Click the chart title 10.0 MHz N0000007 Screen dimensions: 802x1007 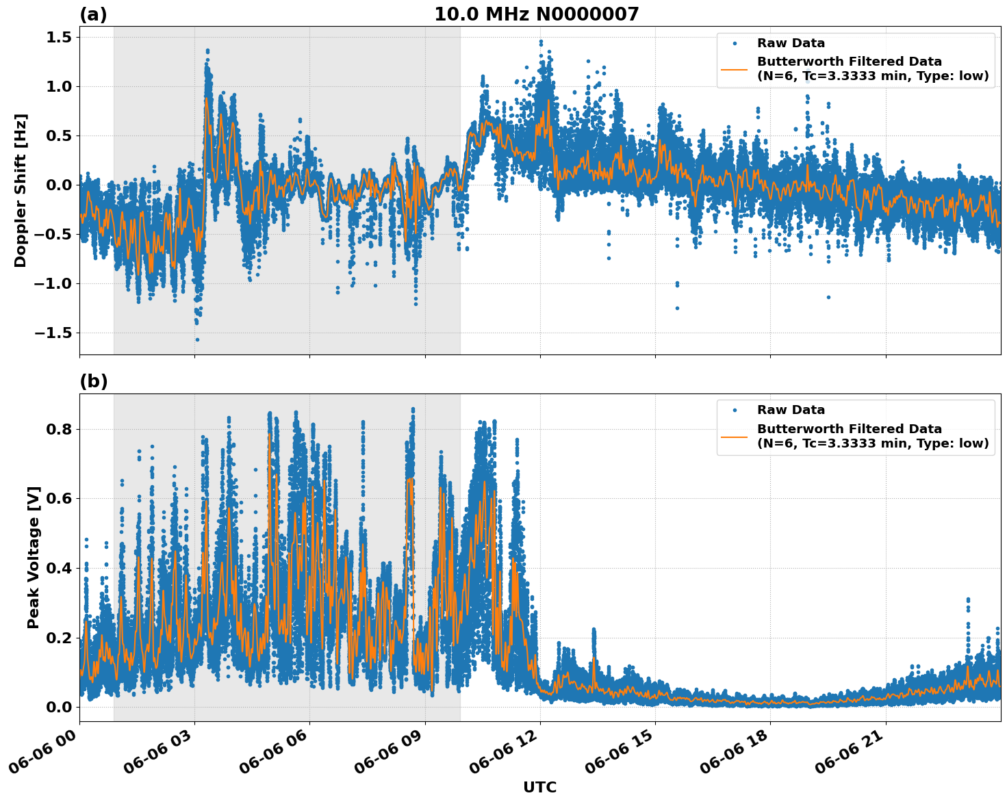[536, 14]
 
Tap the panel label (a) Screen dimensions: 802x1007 [93, 14]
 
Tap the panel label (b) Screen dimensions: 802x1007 [93, 382]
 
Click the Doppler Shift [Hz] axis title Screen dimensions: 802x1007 [21, 190]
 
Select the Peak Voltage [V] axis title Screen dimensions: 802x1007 [34, 557]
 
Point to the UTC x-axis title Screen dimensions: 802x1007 [539, 787]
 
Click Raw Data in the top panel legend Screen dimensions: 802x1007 [791, 43]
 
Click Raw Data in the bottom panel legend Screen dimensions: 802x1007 [791, 410]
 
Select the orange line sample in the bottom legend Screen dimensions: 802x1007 [735, 436]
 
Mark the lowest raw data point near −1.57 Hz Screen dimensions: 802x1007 [197, 339]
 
